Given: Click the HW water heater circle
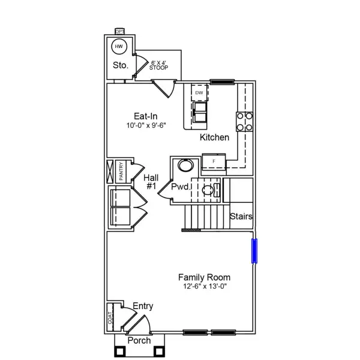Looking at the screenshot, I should tap(118, 46).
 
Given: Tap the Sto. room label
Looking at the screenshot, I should tap(121, 65).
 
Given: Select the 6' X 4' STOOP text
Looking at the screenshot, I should tap(159, 65).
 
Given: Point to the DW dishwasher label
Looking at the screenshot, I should tap(199, 93).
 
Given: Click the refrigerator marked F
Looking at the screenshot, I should tap(214, 161).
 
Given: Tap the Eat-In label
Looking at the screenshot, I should tap(146, 116).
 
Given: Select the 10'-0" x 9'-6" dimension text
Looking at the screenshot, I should tap(146, 126).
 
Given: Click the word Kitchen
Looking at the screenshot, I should tap(214, 137).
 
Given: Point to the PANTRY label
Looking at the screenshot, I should tap(121, 170).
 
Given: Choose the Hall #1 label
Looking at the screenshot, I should tap(151, 182).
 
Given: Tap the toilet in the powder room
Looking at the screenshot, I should tap(208, 191).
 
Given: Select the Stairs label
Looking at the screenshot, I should tap(241, 217).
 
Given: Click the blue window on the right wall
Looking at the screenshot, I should tap(254, 251).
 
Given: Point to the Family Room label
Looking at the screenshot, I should tap(204, 277).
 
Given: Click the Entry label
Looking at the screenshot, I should tap(143, 306).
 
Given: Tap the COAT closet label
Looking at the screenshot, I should tap(110, 317).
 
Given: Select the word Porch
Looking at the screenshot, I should tap(139, 340).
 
